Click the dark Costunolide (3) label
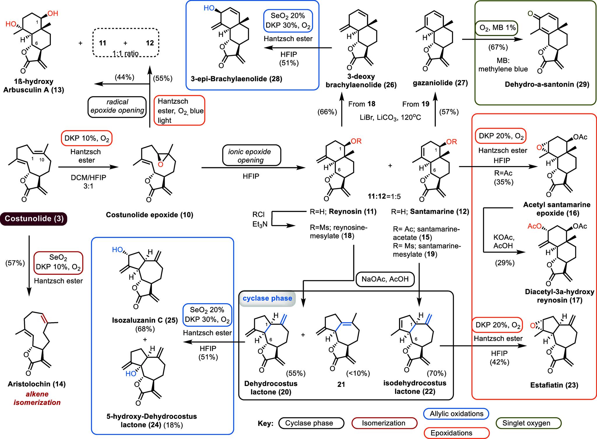point(34,219)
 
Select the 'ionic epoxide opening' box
point(250,156)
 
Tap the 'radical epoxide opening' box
point(117,106)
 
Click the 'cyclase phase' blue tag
point(267,298)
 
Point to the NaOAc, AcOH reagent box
point(385,279)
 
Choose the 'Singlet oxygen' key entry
point(526,423)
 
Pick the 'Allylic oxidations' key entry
point(456,414)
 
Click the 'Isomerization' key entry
point(384,423)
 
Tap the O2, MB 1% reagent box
point(497,28)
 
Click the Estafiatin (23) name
point(554,385)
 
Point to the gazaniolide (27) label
point(440,83)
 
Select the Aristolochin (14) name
point(37,384)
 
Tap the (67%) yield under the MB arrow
point(498,47)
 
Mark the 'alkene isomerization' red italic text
point(37,398)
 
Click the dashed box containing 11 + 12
point(126,43)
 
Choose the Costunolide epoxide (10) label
point(150,215)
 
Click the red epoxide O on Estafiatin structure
point(533,326)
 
